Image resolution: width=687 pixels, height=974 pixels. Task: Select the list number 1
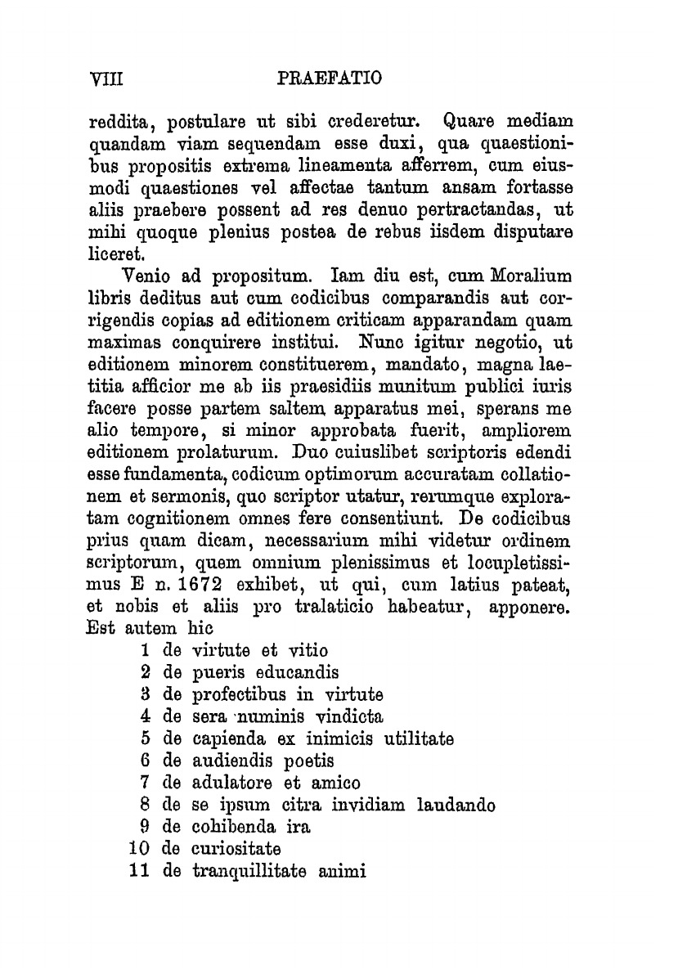[x=144, y=651]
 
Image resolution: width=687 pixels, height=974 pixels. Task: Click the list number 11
[x=138, y=872]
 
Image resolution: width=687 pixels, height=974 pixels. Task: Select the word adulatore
[x=231, y=783]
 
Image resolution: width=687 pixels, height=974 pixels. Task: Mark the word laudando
[x=455, y=806]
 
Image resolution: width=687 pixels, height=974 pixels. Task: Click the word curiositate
[x=236, y=850]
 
